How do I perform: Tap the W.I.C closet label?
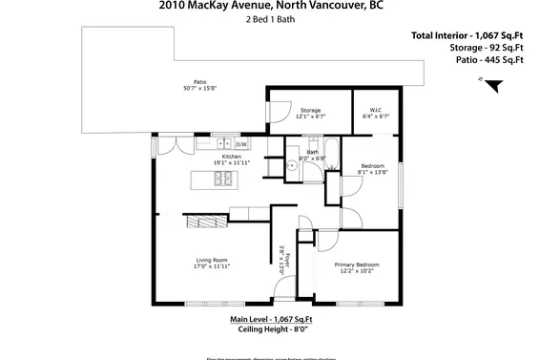click(x=371, y=110)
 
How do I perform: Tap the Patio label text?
click(x=199, y=83)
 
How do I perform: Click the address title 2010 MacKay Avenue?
click(x=269, y=6)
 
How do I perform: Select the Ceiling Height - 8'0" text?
click(x=270, y=330)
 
